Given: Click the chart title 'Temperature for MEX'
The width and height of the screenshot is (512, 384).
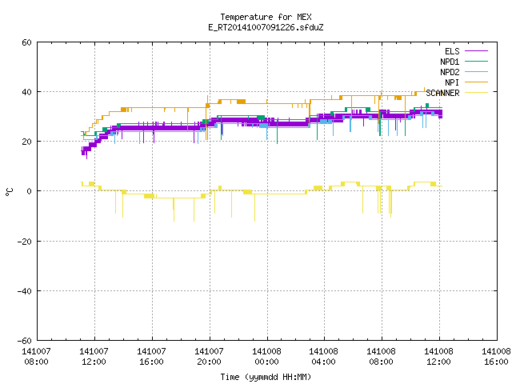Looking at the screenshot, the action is click(x=266, y=17).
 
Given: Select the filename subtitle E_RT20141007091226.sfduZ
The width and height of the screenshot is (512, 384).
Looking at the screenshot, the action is click(x=266, y=27).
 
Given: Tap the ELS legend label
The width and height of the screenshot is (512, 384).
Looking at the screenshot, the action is click(x=452, y=51).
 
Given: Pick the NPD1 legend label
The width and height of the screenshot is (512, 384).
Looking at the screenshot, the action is click(x=450, y=62).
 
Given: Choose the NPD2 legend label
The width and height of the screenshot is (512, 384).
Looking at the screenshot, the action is click(x=450, y=72).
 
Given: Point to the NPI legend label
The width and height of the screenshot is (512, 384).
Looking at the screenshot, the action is click(x=452, y=82).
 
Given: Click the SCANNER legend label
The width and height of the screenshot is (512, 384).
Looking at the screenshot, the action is click(x=442, y=93).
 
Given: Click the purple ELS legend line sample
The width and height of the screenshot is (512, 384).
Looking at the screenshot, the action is click(x=476, y=51).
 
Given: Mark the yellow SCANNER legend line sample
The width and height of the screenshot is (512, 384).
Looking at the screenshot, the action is click(x=476, y=93).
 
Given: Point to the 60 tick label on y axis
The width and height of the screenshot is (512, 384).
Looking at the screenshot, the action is click(x=26, y=42).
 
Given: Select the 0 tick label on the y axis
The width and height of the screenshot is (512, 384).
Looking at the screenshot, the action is click(x=30, y=191).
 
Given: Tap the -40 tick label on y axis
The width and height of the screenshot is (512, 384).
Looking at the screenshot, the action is click(x=25, y=291).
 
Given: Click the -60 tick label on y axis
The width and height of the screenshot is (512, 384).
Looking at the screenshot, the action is click(x=25, y=341).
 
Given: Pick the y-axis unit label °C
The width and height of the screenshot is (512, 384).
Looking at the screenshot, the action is click(x=9, y=192).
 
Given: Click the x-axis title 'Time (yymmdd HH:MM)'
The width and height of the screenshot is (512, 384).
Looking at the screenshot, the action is click(x=266, y=377).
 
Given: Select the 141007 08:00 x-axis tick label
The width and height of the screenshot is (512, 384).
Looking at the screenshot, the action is click(x=36, y=357).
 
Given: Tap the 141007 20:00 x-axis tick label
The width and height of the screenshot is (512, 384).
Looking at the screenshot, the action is click(x=209, y=357).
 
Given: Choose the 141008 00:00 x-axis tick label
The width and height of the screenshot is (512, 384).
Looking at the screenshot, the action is click(x=266, y=357).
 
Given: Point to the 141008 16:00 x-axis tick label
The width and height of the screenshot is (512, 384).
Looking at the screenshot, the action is click(x=496, y=357).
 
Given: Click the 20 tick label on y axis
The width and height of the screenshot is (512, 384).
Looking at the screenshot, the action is click(x=26, y=142).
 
